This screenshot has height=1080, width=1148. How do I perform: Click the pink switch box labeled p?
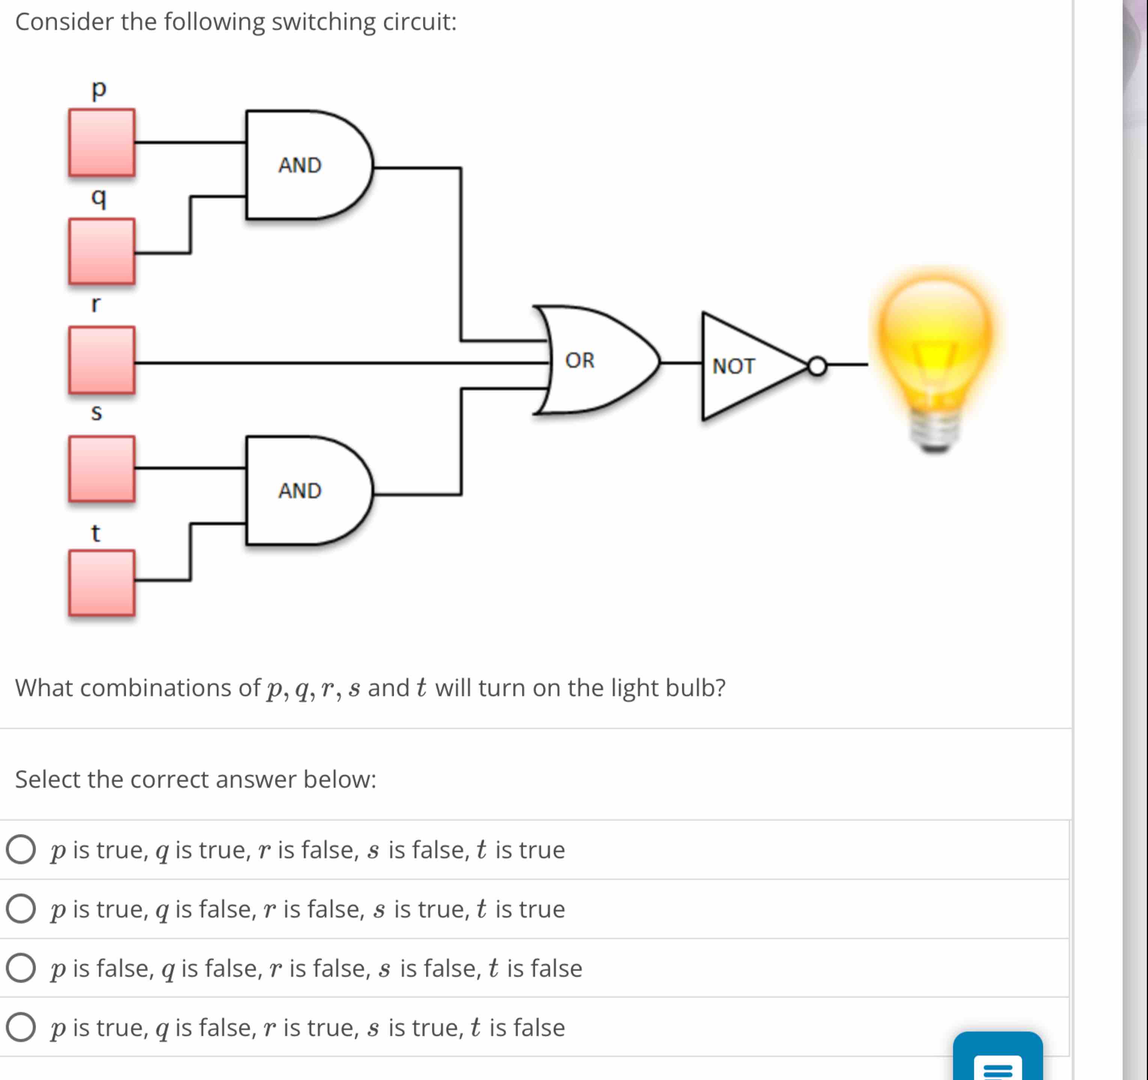[102, 143]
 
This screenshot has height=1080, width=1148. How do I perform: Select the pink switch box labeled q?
[102, 251]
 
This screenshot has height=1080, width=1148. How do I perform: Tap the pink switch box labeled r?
[102, 360]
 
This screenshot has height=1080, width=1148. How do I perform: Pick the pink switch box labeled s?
[102, 469]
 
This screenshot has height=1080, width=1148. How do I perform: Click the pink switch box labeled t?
[102, 583]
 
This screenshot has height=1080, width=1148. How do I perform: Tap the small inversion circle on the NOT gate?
[817, 366]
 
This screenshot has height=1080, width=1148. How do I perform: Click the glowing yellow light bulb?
[936, 341]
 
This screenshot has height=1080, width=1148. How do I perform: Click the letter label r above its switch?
[96, 303]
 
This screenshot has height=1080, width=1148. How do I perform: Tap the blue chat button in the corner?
[997, 1059]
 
